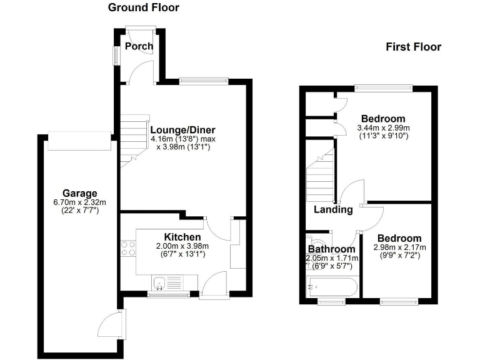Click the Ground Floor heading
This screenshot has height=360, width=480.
143,8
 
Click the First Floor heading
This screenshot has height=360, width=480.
413,47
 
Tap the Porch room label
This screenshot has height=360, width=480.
139,46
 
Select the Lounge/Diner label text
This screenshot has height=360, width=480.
183,130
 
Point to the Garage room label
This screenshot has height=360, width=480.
79,192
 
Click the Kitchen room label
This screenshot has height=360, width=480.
182,237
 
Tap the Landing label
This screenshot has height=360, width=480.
332,209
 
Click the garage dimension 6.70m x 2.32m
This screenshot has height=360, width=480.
79,202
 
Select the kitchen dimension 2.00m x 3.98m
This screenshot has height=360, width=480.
182,246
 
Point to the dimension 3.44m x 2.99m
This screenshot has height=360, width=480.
382,128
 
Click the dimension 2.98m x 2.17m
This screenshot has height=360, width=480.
399,247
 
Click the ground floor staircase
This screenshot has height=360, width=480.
134,140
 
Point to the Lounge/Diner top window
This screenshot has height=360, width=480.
203,80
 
